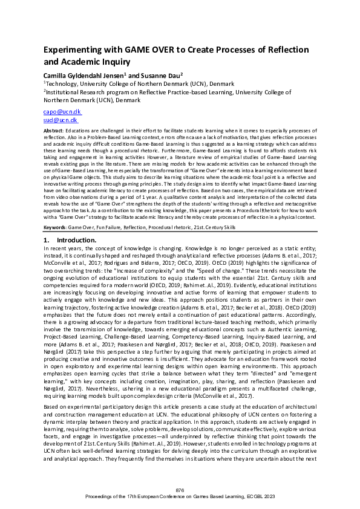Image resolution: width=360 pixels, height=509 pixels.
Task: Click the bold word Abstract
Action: [x=53, y=131]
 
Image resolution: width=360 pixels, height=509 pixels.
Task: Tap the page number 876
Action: [x=180, y=489]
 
